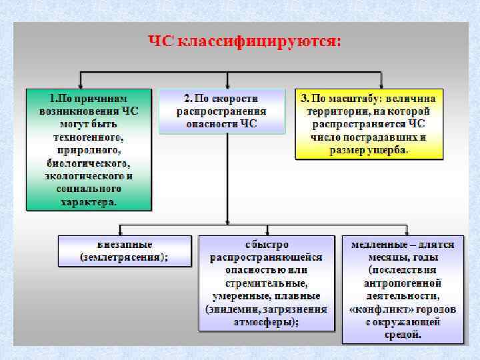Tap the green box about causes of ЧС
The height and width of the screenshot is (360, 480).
click(89, 149)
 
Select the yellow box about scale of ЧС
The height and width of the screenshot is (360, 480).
click(369, 123)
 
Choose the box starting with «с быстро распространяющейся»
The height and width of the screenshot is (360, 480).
click(266, 283)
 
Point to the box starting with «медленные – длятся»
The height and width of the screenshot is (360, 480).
click(403, 289)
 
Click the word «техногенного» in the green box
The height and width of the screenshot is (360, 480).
click(89, 136)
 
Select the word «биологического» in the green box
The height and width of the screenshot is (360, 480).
click(89, 162)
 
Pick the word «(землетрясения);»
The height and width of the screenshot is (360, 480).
click(124, 257)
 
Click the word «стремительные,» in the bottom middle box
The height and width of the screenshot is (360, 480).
click(266, 283)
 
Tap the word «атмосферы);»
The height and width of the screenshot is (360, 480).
click(266, 321)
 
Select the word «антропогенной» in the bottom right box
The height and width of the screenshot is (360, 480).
click(403, 283)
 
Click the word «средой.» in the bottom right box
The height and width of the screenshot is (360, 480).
click(403, 335)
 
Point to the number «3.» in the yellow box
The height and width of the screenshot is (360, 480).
click(305, 98)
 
